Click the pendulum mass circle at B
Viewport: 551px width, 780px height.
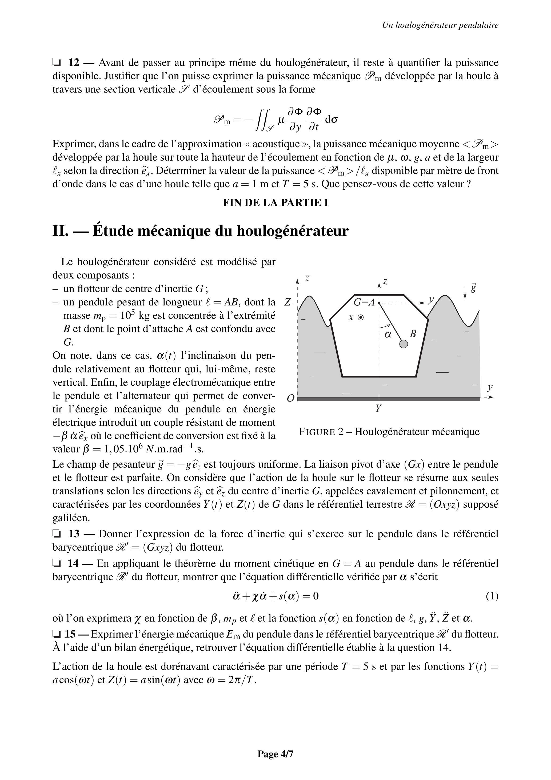coord(403,344)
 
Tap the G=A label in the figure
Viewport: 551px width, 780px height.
coord(364,302)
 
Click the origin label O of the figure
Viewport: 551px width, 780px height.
coord(290,398)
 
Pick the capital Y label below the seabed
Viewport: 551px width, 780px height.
coord(378,408)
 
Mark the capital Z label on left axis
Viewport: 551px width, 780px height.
coord(288,302)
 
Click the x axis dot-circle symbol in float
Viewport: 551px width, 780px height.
coord(361,318)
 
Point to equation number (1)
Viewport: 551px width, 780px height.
coord(492,596)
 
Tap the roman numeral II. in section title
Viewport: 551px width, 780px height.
coord(61,231)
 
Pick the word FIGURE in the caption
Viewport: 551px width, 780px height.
coord(317,432)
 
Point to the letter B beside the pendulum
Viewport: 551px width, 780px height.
coord(413,334)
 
